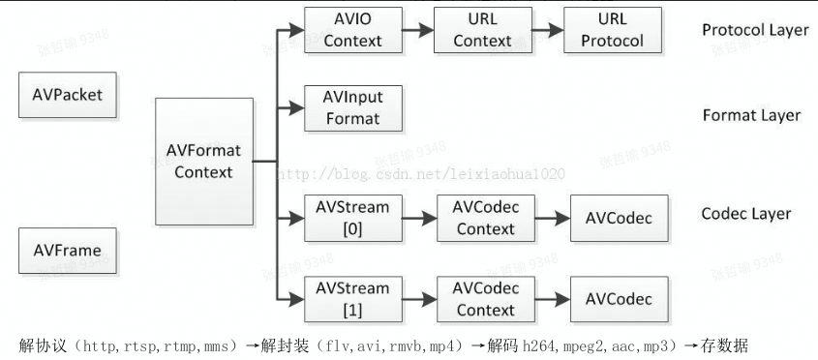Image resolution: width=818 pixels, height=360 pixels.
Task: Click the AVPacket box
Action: tap(67, 95)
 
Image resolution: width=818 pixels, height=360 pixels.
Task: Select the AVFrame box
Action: tap(67, 251)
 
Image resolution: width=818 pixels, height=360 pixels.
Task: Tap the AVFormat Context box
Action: tap(203, 162)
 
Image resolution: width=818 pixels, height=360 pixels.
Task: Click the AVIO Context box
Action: tap(352, 30)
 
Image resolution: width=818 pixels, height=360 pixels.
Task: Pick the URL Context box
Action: tap(482, 30)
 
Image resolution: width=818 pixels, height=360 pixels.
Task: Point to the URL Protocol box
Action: tap(612, 30)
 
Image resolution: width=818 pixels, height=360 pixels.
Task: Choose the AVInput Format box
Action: tap(352, 109)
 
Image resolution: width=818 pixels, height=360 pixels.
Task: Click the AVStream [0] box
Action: tap(352, 218)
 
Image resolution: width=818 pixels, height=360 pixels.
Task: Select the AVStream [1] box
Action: tap(352, 299)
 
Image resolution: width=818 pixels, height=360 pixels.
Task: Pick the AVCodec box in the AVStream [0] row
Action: tap(619, 218)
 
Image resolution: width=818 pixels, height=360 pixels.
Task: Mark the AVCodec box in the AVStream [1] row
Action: tap(619, 299)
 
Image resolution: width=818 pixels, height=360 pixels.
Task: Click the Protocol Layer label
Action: tap(755, 30)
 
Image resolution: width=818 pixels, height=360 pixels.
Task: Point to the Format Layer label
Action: tap(751, 115)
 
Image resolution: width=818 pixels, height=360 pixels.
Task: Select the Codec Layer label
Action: tap(745, 213)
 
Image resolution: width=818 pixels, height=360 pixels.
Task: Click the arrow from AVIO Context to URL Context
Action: tap(417, 30)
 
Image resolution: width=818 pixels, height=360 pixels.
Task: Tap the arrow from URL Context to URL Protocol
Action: tap(547, 30)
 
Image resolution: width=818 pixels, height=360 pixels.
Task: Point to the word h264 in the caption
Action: tap(538, 345)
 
